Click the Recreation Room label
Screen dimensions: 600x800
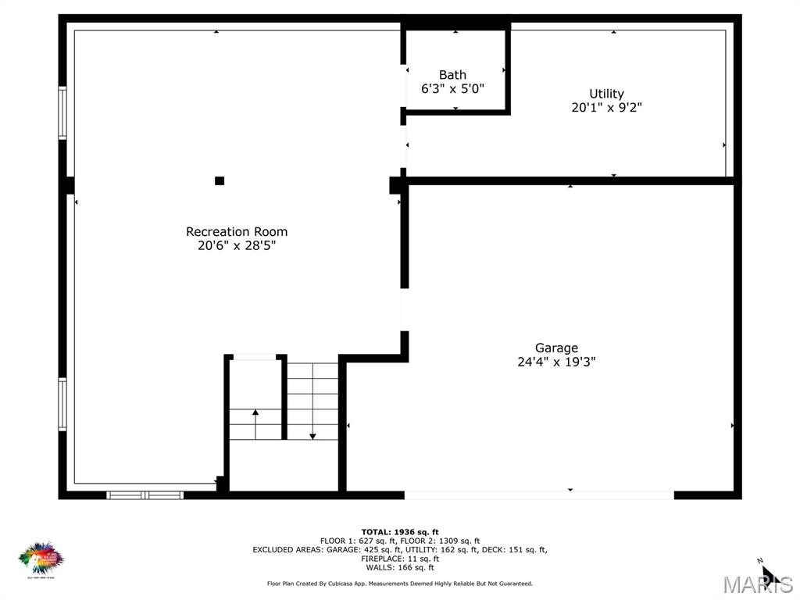(236, 231)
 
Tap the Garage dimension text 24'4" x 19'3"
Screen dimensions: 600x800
(556, 362)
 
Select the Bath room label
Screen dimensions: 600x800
(452, 75)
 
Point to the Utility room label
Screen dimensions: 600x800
(606, 94)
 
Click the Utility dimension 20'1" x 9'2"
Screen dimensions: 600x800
(606, 108)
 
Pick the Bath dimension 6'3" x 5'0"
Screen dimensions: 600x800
(452, 89)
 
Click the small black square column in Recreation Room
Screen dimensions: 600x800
(220, 180)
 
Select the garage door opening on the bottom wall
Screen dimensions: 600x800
(539, 495)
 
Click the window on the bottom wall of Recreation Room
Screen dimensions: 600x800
(145, 495)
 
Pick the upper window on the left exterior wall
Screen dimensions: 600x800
(62, 113)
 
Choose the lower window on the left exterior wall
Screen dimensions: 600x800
(62, 404)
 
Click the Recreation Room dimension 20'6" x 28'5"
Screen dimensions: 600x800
(236, 245)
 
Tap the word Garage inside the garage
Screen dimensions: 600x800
(556, 348)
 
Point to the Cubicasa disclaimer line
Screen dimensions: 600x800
(399, 584)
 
